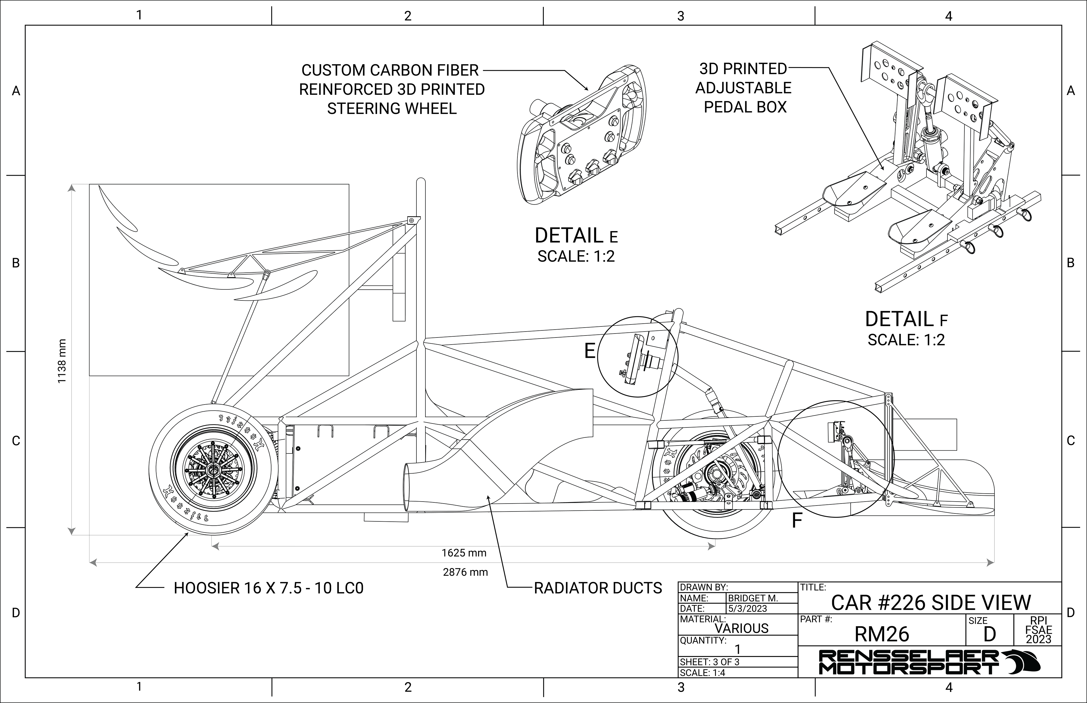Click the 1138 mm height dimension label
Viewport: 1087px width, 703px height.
(62, 361)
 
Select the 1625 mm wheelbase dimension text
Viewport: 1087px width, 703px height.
(464, 553)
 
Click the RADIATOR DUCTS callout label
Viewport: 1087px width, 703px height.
(598, 588)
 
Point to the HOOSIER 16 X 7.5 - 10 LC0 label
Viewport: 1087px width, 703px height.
(269, 588)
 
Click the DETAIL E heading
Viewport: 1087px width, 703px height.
(576, 236)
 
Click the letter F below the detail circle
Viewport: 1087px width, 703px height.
(797, 521)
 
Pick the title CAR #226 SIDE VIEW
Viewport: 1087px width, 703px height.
(931, 603)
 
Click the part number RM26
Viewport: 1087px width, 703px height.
(882, 634)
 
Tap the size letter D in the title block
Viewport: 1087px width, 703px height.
(990, 635)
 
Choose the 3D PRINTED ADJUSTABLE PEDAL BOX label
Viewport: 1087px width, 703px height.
(744, 88)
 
